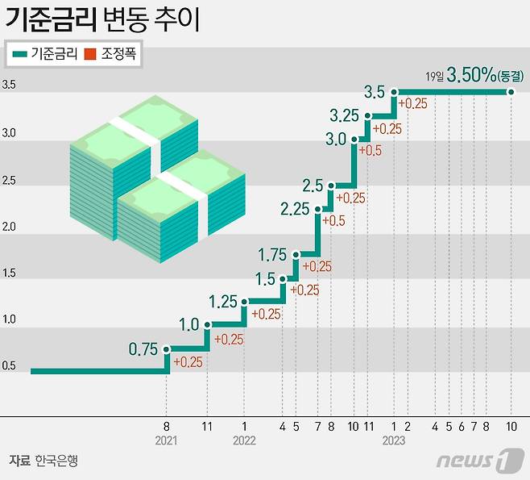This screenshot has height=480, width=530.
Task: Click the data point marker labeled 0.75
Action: (x=167, y=349)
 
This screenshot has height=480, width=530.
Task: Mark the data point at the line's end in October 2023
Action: (x=511, y=93)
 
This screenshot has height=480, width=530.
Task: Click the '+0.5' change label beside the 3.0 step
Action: (x=370, y=151)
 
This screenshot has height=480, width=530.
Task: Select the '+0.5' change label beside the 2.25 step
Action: (x=333, y=220)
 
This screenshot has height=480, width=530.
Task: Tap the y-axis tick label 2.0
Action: (x=9, y=227)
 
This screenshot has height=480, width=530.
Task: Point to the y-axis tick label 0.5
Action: (x=9, y=367)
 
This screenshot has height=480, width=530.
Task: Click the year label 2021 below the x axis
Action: (x=166, y=440)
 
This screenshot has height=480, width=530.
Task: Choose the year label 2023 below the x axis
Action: (x=394, y=440)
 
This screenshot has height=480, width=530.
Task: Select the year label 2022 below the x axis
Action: (x=243, y=440)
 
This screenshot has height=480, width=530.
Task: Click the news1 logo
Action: (x=474, y=461)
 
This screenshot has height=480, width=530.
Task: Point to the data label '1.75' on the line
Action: (x=272, y=255)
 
